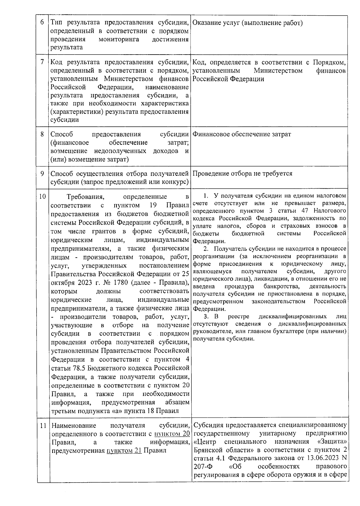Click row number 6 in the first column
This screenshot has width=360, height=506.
pos(42,23)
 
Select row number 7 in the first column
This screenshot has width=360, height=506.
pos(42,63)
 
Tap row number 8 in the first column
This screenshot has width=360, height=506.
pos(42,134)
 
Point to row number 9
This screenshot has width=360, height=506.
pos(42,173)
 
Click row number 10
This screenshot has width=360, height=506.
pos(42,196)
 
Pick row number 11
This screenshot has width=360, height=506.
pos(43,425)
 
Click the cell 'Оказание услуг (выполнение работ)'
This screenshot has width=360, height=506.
pos(247,23)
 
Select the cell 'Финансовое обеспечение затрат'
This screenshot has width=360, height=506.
pos(241,134)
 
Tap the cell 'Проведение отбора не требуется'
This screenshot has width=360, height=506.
pos(242,173)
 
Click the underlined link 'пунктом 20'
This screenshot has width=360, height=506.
pos(172,434)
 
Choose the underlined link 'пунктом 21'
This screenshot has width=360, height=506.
pos(124,451)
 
